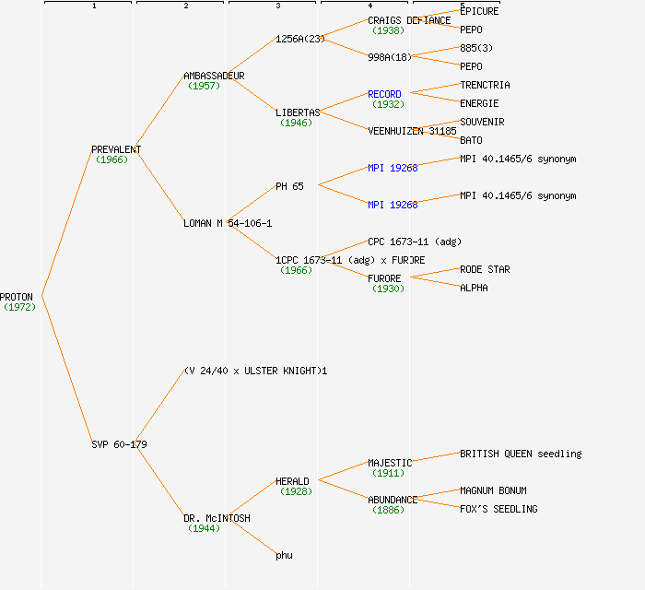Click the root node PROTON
point(17,297)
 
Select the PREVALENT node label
point(116,149)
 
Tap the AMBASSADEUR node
point(214,76)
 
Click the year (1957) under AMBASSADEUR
point(203,86)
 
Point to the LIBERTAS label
point(298,112)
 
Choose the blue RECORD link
point(384,94)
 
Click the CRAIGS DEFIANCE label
point(409,20)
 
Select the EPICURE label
point(479,11)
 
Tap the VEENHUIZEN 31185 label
point(412,131)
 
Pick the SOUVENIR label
point(482,122)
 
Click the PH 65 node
point(289,186)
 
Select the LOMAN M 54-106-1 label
point(228,223)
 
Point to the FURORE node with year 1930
point(384,278)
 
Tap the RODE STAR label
point(485,269)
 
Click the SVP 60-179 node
point(119,444)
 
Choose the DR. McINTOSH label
point(217,518)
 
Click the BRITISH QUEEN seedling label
point(521,454)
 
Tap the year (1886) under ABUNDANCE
point(388,510)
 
